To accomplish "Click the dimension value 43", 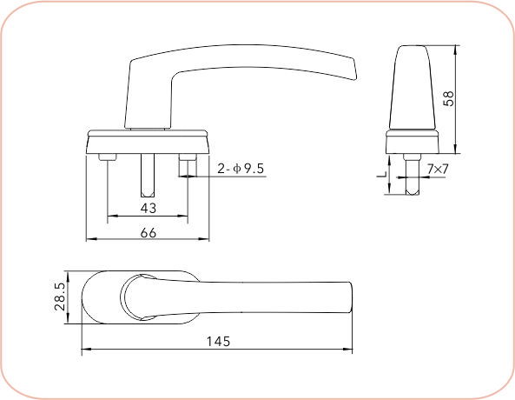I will coord(149,209).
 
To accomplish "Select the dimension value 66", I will coord(149,231).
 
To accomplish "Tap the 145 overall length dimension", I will coord(219,342).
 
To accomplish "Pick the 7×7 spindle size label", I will coord(437,168).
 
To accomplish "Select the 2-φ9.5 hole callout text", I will coord(241,168).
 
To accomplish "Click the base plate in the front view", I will coord(148,141).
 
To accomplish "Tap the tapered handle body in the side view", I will coord(412,87).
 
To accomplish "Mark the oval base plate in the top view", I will coord(100,297).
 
